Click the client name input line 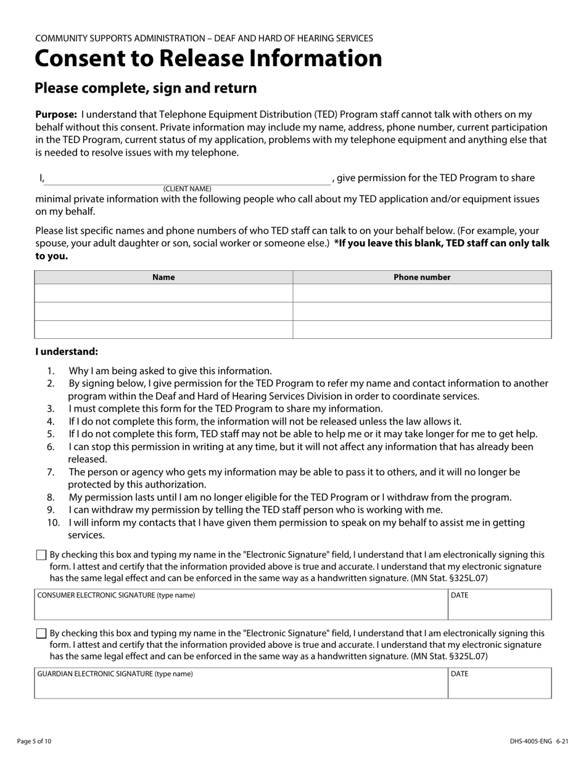click(188, 178)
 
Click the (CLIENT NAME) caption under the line click(187, 189)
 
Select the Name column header click(163, 277)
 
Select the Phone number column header click(422, 277)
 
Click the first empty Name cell click(163, 293)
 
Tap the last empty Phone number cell click(422, 330)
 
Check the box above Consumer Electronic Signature click(41, 555)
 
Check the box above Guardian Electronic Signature click(41, 634)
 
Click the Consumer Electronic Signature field click(241, 608)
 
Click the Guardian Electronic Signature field click(241, 686)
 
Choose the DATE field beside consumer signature click(500, 608)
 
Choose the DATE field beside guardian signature click(500, 686)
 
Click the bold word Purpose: click(56, 115)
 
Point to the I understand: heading click(67, 352)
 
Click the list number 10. click(53, 523)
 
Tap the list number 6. click(51, 447)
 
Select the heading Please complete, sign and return click(146, 88)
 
